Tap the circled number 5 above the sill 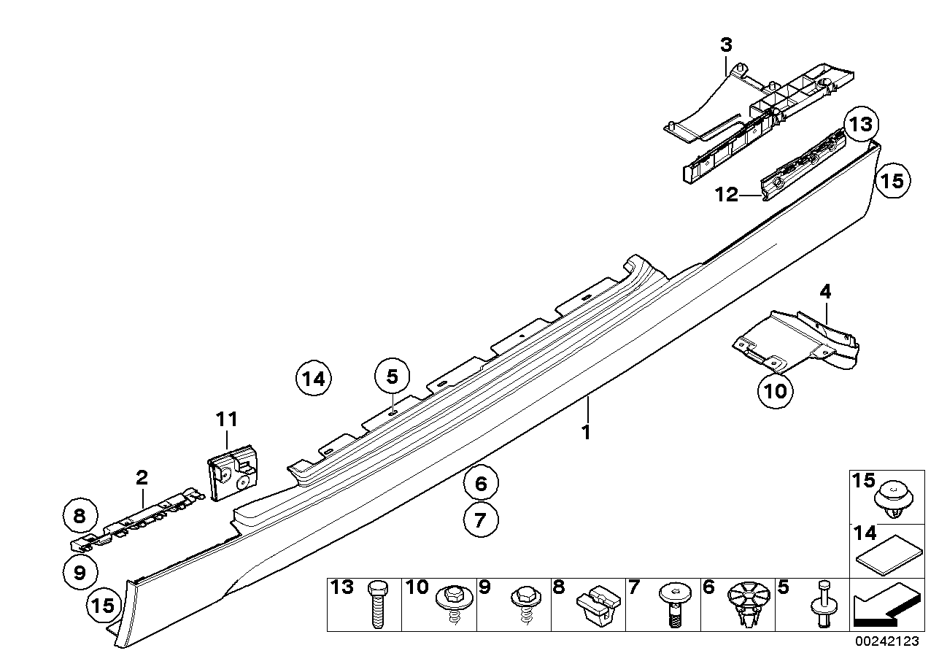click(x=393, y=377)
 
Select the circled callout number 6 click(x=482, y=482)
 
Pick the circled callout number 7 click(x=482, y=520)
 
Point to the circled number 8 click(x=80, y=517)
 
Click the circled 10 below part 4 click(x=774, y=390)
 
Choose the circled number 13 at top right click(x=861, y=124)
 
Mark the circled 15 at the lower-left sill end click(x=104, y=605)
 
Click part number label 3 click(x=726, y=45)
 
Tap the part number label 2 click(x=142, y=478)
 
